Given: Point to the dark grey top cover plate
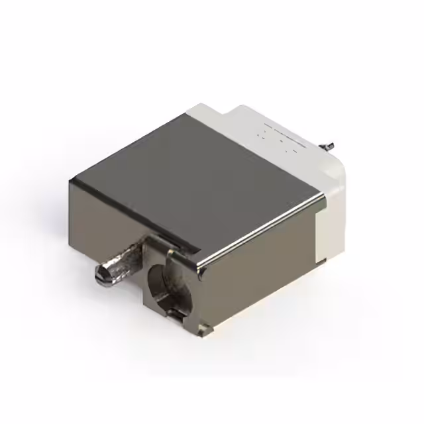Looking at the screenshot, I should click(199, 179).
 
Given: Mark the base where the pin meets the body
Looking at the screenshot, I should click(136, 255).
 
